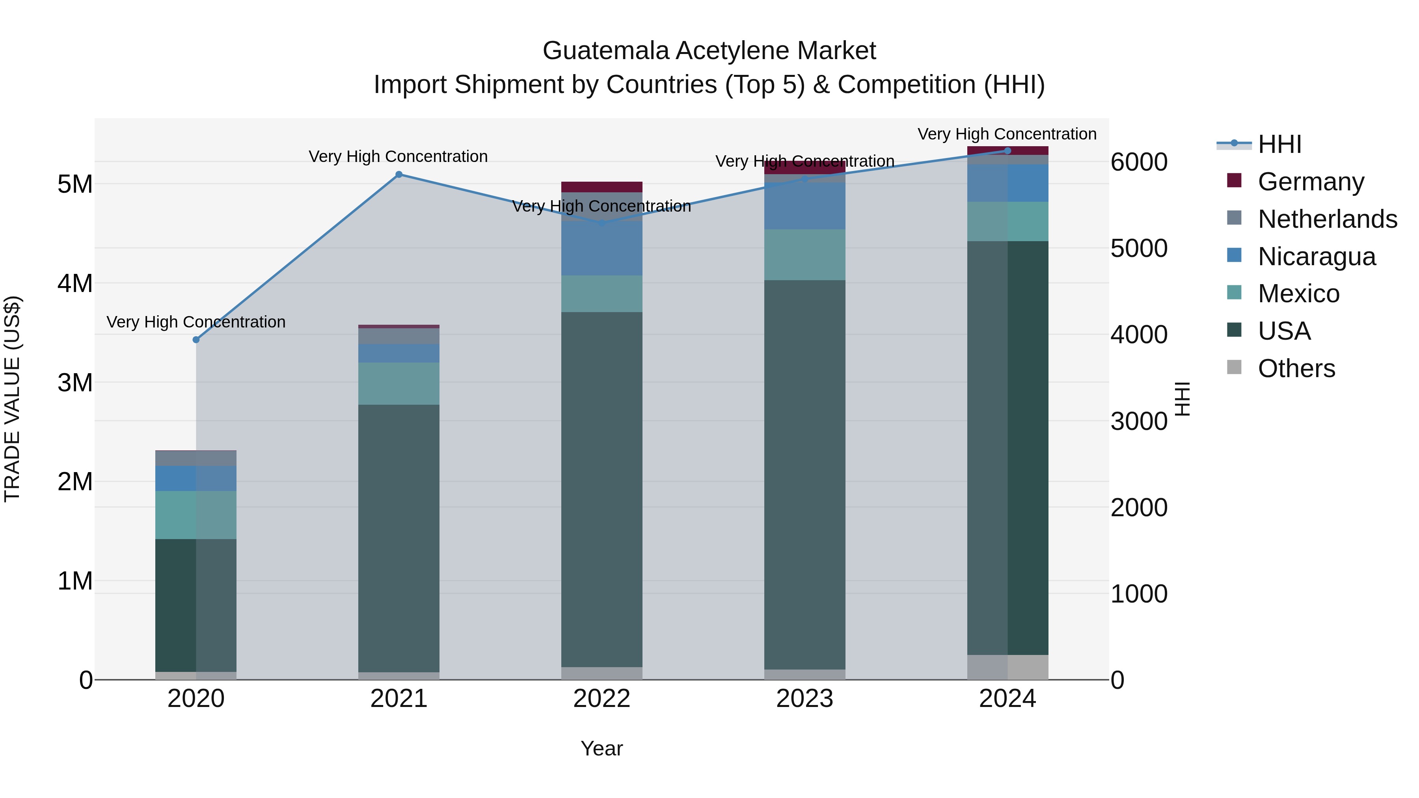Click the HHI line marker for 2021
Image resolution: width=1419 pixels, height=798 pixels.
399,175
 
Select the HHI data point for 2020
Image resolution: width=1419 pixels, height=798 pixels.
196,340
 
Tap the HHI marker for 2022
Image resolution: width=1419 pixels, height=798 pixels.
601,223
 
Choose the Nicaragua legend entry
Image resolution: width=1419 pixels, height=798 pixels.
1316,257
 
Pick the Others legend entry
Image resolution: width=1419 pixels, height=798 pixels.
1296,368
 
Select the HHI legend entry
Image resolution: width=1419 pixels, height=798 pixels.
1279,144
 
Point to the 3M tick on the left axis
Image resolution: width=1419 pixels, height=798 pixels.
75,383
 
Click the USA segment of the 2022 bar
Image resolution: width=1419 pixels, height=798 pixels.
601,490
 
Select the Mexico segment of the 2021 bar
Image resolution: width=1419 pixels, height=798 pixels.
399,383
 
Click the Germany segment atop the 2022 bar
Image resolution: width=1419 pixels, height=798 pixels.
601,187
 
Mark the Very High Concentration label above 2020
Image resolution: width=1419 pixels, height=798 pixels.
196,322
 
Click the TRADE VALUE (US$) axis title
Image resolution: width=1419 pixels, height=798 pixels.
12,399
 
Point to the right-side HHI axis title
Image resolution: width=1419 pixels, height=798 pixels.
1182,399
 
